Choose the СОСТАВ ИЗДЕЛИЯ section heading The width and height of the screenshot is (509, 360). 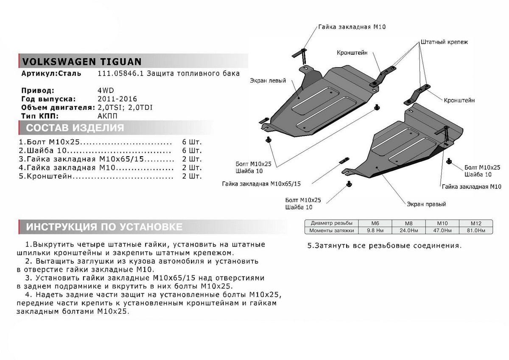[75, 128]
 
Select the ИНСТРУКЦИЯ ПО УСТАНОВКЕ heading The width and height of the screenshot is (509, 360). [104, 227]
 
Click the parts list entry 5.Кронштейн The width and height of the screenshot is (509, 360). [45, 176]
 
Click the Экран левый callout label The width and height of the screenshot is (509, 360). [268, 80]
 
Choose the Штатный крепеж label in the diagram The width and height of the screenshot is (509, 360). [444, 42]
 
